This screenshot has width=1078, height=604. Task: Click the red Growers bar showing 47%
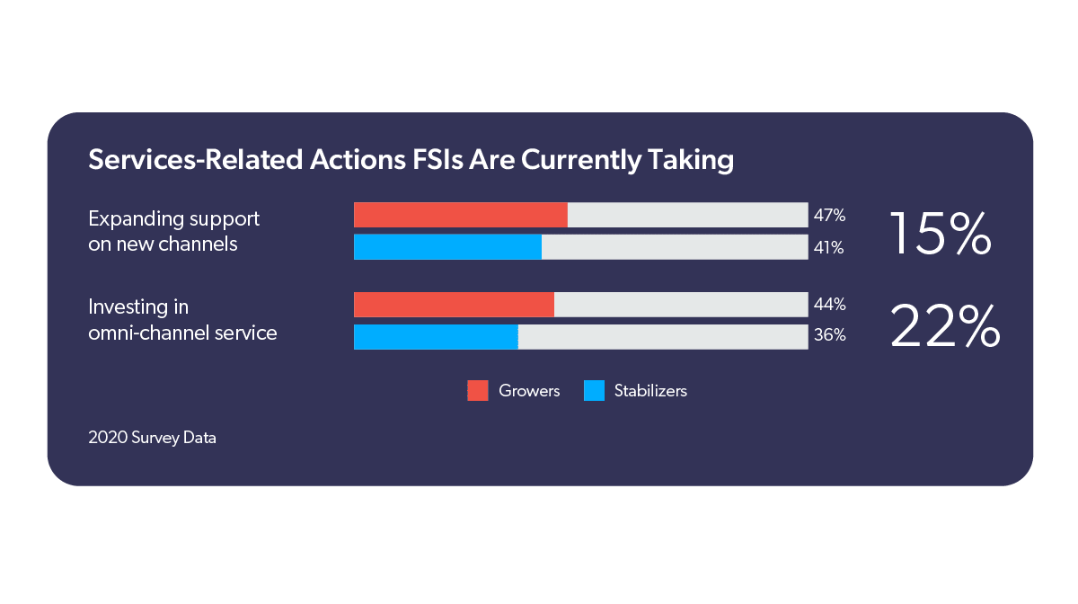pyautogui.click(x=461, y=215)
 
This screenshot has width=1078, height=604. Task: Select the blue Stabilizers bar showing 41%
pyautogui.click(x=447, y=247)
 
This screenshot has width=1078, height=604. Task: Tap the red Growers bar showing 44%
pyautogui.click(x=454, y=305)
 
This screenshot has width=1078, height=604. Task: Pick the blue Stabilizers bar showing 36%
pyautogui.click(x=436, y=337)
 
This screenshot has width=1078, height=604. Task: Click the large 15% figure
pyautogui.click(x=940, y=234)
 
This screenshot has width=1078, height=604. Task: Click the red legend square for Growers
pyautogui.click(x=478, y=390)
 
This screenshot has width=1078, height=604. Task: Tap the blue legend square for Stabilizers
pyautogui.click(x=594, y=390)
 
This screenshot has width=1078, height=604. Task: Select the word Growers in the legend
pyautogui.click(x=529, y=391)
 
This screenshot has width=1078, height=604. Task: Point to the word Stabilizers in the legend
pyautogui.click(x=650, y=391)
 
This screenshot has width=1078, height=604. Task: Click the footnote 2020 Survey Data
pyautogui.click(x=152, y=439)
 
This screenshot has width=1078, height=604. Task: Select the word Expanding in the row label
pyautogui.click(x=133, y=219)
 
